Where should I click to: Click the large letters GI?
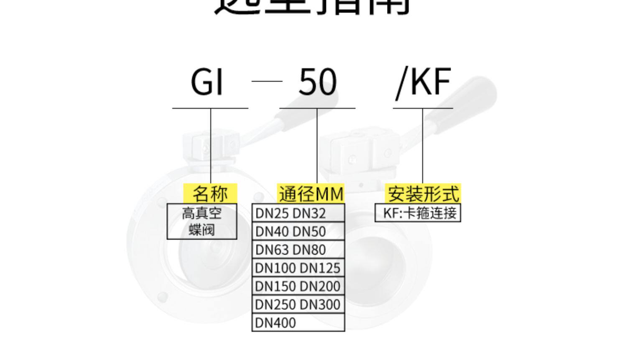pos(207,82)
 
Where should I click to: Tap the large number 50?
pos(317,82)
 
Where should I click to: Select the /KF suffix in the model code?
pos(423,82)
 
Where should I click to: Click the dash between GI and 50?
pos(267,81)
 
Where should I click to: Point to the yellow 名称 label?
pos(210,194)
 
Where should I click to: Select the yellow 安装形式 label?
pos(423,194)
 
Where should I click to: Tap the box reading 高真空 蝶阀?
pos(202,222)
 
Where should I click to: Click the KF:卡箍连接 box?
pos(418,213)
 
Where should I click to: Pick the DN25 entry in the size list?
pos(272,213)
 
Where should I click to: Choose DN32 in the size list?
pos(309,213)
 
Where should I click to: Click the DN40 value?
pos(272,232)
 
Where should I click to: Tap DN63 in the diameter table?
pos(272,250)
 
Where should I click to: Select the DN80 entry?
pos(309,250)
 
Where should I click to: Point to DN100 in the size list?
pos(275,268)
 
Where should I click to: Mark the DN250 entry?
pos(275,304)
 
